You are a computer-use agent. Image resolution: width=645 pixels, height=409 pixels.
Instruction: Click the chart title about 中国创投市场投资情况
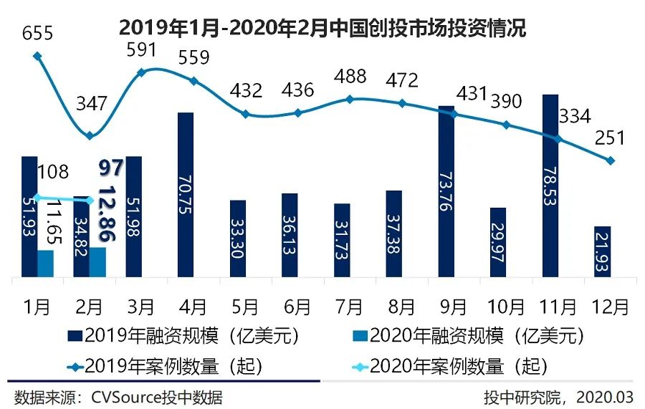point(322,28)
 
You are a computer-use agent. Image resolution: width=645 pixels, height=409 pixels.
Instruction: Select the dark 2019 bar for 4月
point(186,193)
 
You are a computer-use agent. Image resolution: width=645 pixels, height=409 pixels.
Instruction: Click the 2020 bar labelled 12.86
point(98,261)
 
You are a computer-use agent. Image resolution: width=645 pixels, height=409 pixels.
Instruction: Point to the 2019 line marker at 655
point(37,56)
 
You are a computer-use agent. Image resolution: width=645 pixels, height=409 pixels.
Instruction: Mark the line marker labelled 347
point(90,135)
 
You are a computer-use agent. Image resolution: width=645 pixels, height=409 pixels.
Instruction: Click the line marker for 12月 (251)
point(610,160)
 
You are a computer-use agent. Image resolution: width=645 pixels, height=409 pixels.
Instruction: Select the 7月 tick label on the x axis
point(349,307)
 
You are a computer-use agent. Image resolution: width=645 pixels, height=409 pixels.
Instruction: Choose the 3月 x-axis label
point(141,307)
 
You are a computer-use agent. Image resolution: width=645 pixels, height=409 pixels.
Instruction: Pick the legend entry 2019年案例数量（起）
point(166,367)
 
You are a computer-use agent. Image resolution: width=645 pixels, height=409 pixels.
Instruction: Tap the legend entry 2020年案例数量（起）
point(451,367)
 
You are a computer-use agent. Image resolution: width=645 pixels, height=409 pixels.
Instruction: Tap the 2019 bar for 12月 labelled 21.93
point(603,251)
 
